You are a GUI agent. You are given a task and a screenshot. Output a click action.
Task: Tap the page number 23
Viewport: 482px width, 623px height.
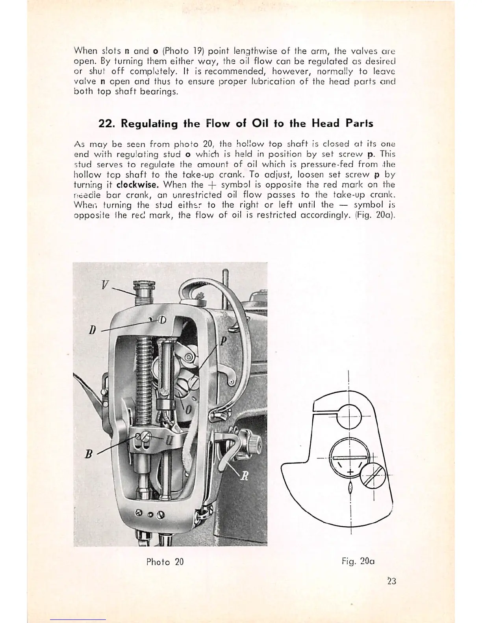(x=391, y=581)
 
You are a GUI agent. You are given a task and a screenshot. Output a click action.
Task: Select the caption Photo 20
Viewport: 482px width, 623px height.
(x=165, y=562)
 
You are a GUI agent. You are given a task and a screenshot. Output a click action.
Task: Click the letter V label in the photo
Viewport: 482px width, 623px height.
(x=104, y=284)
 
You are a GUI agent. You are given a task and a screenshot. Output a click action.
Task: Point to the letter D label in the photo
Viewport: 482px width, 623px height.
(x=93, y=329)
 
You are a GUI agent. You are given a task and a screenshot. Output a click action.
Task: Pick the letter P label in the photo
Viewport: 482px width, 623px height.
(x=222, y=341)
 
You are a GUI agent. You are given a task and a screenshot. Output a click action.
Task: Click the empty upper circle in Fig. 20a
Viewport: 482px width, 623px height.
(x=349, y=417)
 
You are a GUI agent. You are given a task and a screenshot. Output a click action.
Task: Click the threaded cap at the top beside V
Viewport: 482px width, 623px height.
(x=142, y=293)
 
